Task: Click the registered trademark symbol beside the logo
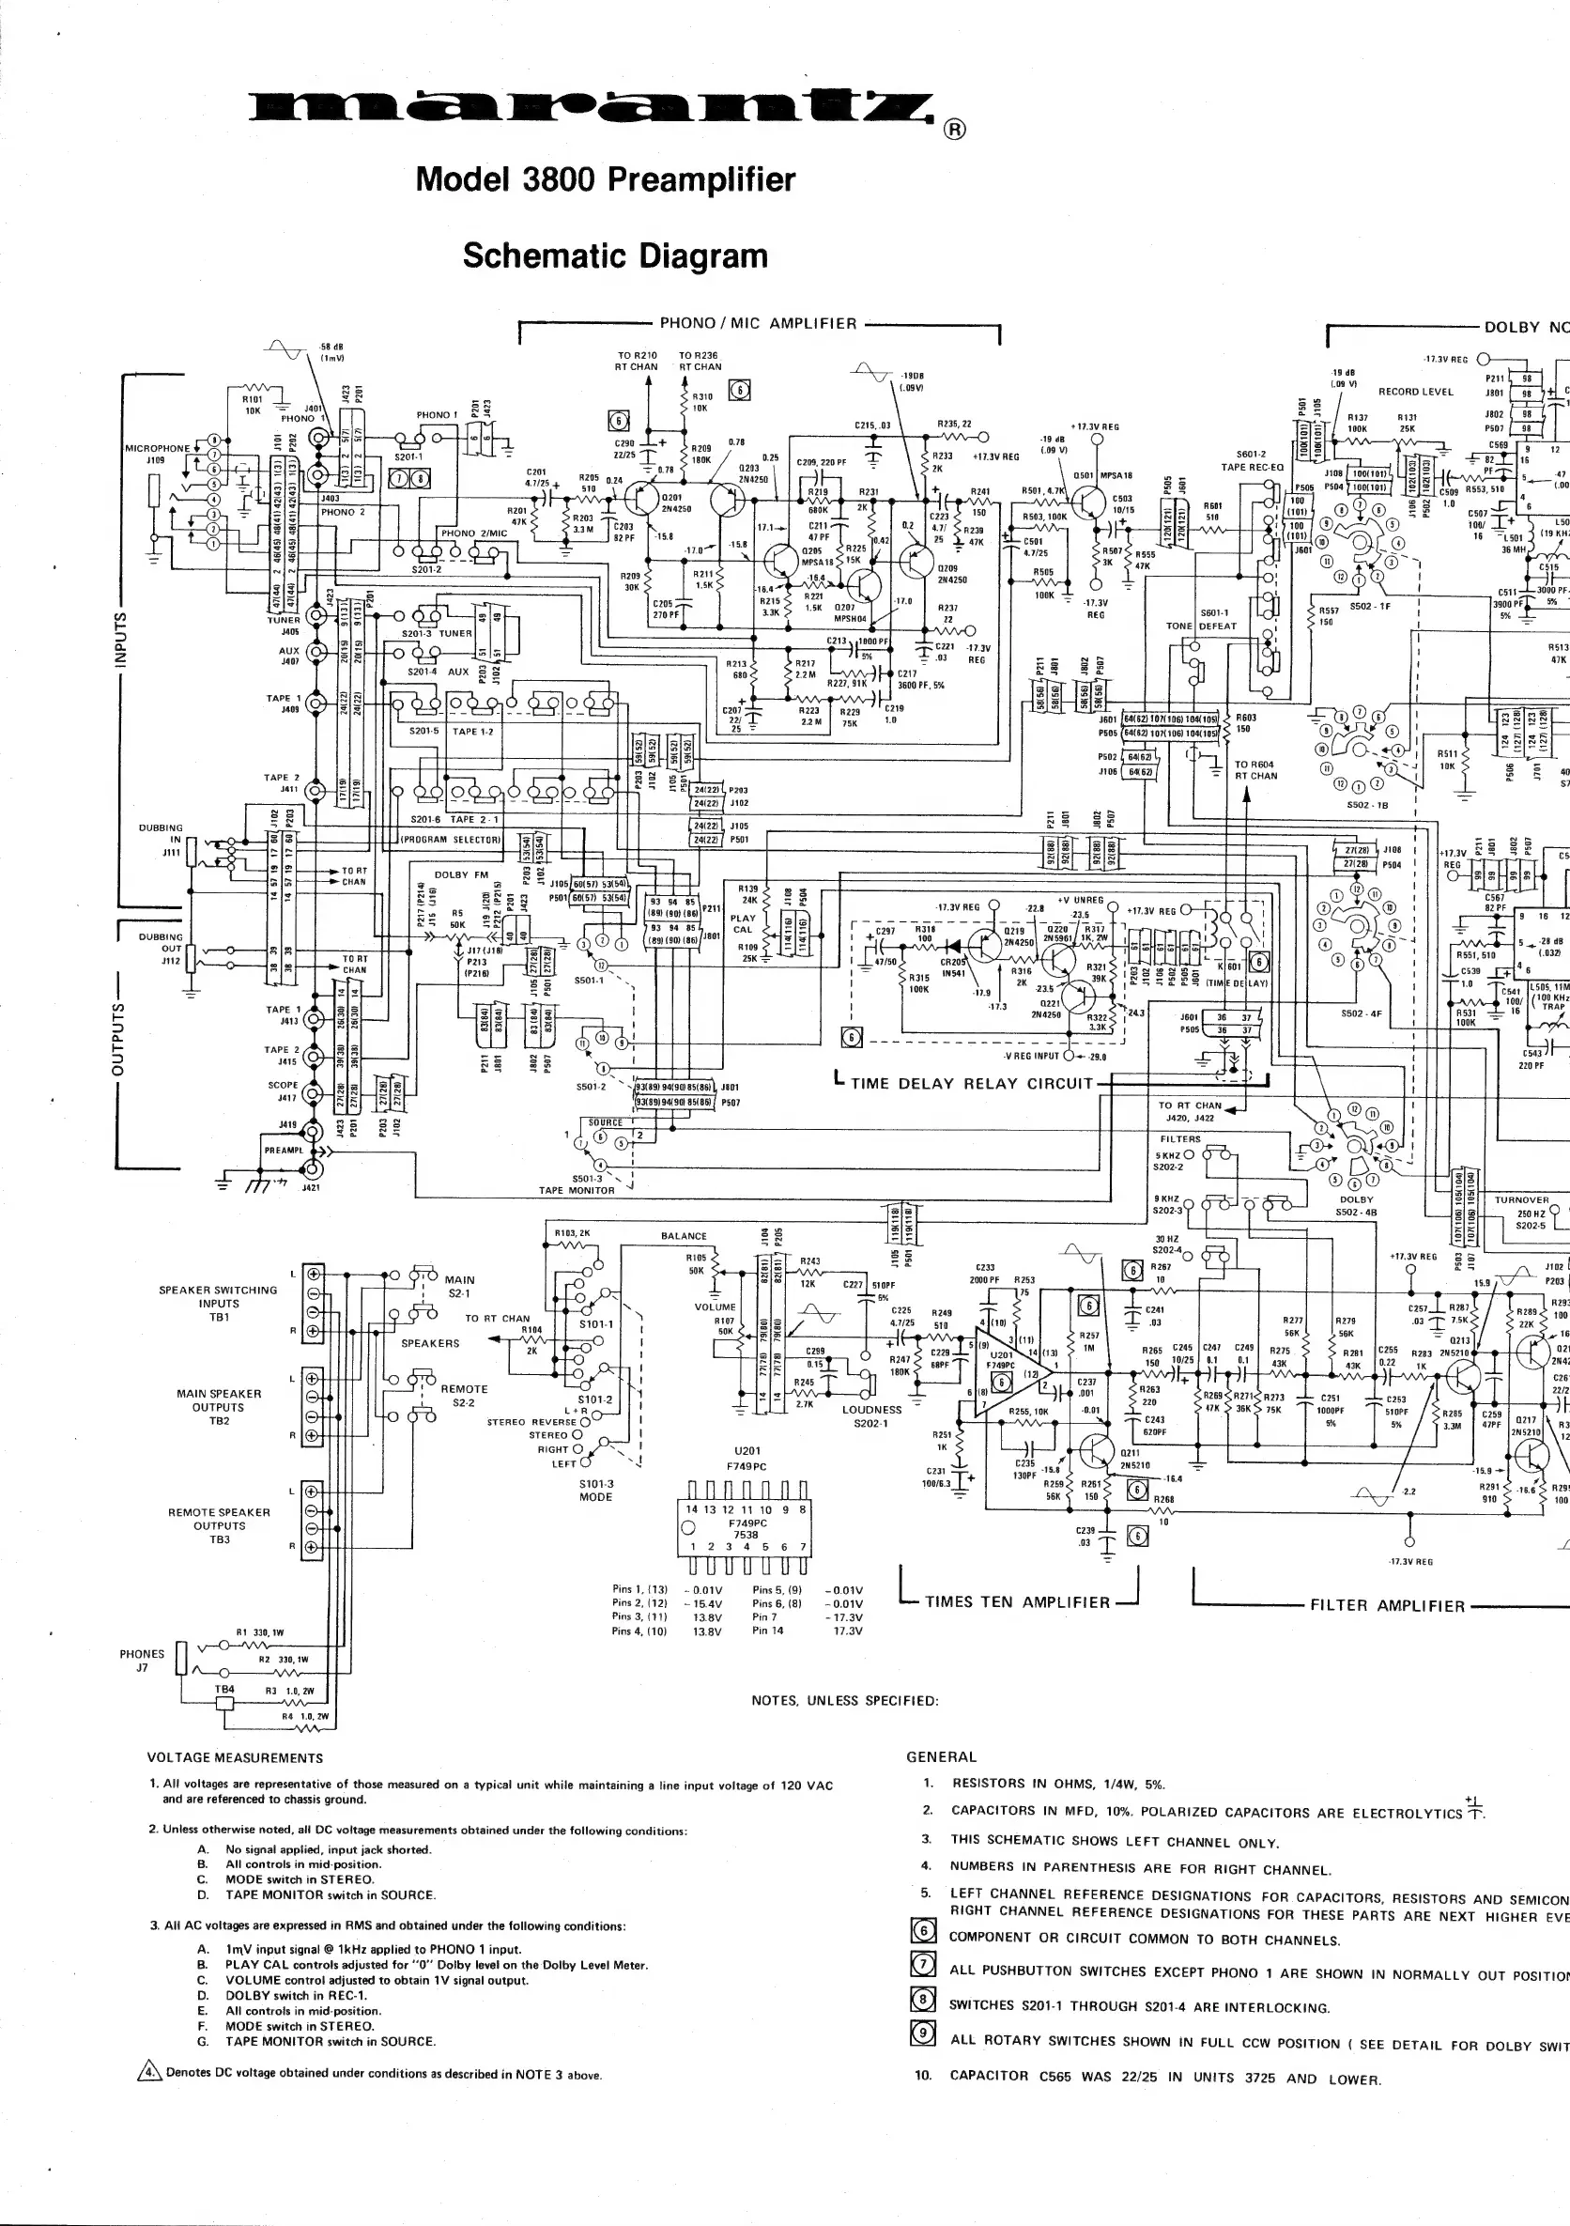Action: pyautogui.click(x=954, y=131)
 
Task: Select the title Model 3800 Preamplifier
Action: pyautogui.click(x=605, y=179)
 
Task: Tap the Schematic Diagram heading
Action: pyautogui.click(x=614, y=256)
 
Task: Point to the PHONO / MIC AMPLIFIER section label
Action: pyautogui.click(x=758, y=324)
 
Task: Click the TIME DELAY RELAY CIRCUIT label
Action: pyautogui.click(x=971, y=1084)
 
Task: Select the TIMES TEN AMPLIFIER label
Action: pyautogui.click(x=1018, y=1601)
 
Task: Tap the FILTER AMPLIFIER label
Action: pyautogui.click(x=1387, y=1605)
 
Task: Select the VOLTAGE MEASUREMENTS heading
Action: pyautogui.click(x=235, y=1757)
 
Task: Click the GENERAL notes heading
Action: pyautogui.click(x=941, y=1756)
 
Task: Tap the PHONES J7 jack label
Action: pyautogui.click(x=142, y=1660)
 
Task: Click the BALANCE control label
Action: pyautogui.click(x=684, y=1236)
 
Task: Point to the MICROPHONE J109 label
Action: pyautogui.click(x=157, y=454)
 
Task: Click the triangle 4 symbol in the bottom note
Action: pyautogui.click(x=149, y=2074)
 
